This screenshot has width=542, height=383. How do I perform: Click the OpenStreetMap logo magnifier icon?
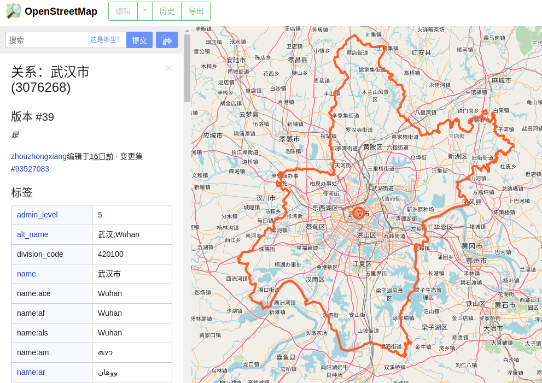click(x=13, y=11)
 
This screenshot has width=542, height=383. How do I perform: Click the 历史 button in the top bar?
click(x=167, y=11)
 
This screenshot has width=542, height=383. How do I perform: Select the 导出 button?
click(x=196, y=11)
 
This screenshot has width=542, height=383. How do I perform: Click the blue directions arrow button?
click(x=167, y=40)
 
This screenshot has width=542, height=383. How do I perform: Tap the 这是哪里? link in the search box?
click(x=105, y=39)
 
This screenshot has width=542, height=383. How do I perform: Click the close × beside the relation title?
click(x=169, y=68)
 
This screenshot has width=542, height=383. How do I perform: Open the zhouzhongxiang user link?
click(x=39, y=156)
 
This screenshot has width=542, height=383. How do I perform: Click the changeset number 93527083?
click(x=32, y=169)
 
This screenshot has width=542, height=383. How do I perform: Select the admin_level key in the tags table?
click(x=37, y=215)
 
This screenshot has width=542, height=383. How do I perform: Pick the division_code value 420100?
click(x=110, y=254)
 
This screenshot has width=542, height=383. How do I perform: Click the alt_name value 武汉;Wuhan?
click(x=119, y=234)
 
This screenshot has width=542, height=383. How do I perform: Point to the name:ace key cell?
click(x=34, y=293)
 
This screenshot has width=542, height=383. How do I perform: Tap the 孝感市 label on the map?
click(x=290, y=139)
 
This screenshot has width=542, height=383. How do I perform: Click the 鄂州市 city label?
click(x=473, y=261)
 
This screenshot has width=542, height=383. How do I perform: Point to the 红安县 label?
click(x=421, y=52)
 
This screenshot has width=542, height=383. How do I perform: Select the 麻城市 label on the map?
click(x=501, y=80)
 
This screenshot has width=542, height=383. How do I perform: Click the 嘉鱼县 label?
click(x=285, y=357)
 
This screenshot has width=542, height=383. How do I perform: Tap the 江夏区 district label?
click(x=362, y=263)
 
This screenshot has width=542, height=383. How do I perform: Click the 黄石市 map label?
click(x=505, y=305)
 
